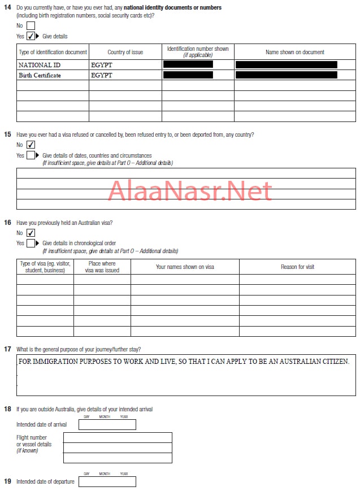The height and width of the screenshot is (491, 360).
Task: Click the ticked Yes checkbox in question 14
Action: (x=31, y=36)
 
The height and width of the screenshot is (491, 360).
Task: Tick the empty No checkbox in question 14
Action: (x=31, y=25)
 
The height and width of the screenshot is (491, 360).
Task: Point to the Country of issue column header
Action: (x=125, y=52)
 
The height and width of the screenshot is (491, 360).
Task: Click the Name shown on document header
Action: (x=294, y=52)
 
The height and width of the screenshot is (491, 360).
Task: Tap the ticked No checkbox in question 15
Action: (x=31, y=145)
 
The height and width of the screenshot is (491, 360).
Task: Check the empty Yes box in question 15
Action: (x=31, y=155)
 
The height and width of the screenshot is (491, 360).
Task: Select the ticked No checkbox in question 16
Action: (x=31, y=233)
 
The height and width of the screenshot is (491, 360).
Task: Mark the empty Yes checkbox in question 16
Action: (x=31, y=244)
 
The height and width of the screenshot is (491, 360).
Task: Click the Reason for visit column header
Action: (x=297, y=267)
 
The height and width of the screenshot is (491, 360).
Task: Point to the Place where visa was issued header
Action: (x=102, y=267)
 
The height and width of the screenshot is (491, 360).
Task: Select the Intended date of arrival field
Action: (x=107, y=425)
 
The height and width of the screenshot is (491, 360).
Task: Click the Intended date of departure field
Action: (x=107, y=481)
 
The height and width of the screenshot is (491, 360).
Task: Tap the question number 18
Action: (x=7, y=409)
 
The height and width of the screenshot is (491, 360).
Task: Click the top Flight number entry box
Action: (x=118, y=437)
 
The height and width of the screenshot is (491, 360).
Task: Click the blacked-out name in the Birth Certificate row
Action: (x=286, y=75)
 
